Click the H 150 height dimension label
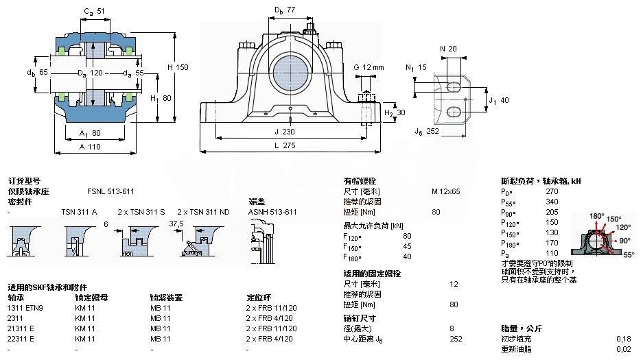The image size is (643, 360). [177, 67]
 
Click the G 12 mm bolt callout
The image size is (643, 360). [369, 67]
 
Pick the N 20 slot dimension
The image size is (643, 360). [447, 48]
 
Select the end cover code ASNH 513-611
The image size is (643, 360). [272, 212]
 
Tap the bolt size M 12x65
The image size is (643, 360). [445, 191]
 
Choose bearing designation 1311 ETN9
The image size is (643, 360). [25, 308]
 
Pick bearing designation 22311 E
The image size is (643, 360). [21, 339]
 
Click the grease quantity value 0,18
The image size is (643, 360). [622, 339]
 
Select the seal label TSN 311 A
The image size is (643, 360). [79, 212]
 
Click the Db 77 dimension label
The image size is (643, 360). [284, 10]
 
